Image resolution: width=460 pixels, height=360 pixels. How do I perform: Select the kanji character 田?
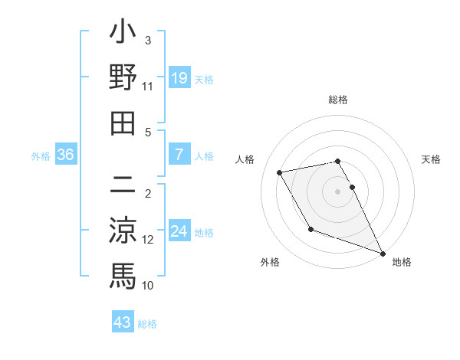pyautogui.click(x=123, y=122)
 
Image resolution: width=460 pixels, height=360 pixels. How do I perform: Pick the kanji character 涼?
pyautogui.click(x=123, y=229)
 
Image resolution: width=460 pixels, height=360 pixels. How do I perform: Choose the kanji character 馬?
pyautogui.click(x=123, y=274)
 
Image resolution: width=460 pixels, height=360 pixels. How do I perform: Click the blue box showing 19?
pyautogui.click(x=179, y=77)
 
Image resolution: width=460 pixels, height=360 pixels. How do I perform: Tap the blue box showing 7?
pyautogui.click(x=179, y=155)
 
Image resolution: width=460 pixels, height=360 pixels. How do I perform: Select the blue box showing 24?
pyautogui.click(x=179, y=231)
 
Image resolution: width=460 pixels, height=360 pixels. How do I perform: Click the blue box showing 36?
pyautogui.click(x=66, y=155)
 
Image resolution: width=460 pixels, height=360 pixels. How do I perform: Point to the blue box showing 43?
pyautogui.click(x=123, y=322)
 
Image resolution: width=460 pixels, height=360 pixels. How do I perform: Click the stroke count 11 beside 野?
pyautogui.click(x=148, y=87)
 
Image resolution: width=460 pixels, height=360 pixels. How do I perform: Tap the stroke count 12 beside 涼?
pyautogui.click(x=148, y=239)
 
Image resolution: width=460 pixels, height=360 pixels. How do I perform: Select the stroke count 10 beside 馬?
pyautogui.click(x=148, y=285)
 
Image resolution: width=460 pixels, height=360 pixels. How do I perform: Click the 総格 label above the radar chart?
pyautogui.click(x=338, y=100)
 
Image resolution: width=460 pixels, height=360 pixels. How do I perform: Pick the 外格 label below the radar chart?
pyautogui.click(x=270, y=262)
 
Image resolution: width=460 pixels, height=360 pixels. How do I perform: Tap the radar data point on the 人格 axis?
pyautogui.click(x=280, y=172)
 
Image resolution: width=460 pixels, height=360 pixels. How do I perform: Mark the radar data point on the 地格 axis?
pyautogui.click(x=383, y=254)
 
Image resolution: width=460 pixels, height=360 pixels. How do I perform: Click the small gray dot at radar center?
pyautogui.click(x=338, y=191)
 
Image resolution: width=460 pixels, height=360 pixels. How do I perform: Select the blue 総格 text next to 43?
pyautogui.click(x=147, y=324)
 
